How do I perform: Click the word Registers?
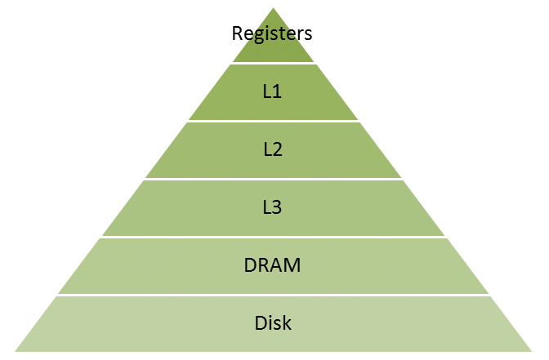pos(273,33)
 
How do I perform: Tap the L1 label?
pos(273,91)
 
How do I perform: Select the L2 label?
pos(273,149)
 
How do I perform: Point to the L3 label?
pos(273,207)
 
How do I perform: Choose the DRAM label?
pos(273,265)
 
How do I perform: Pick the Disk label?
pos(273,323)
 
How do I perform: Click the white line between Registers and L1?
pos(273,63)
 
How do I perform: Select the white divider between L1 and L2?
pos(273,121)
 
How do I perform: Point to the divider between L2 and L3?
pos(273,179)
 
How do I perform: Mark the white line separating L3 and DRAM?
pos(273,238)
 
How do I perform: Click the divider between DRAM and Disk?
pos(273,296)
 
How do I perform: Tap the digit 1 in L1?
pos(278,91)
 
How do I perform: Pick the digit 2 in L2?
pos(278,149)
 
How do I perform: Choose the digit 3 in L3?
pos(278,207)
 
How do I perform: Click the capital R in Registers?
pos(238,33)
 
